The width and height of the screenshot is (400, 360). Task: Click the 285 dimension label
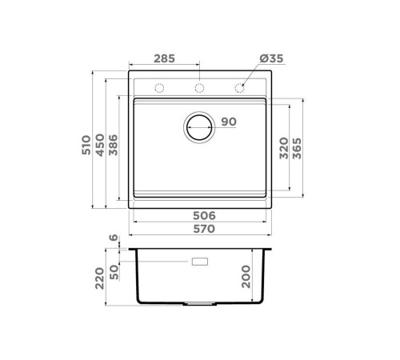click(x=164, y=59)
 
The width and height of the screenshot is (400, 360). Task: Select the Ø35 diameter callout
click(x=272, y=59)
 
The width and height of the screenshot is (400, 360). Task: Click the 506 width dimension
click(x=204, y=215)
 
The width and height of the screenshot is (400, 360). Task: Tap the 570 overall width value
click(x=204, y=230)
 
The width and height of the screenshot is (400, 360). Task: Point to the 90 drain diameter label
click(x=228, y=122)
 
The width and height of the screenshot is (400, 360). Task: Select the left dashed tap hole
click(x=158, y=87)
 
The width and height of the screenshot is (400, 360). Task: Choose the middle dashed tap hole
click(x=199, y=87)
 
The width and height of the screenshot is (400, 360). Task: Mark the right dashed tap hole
click(x=238, y=87)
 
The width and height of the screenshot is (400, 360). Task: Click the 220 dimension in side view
click(x=100, y=278)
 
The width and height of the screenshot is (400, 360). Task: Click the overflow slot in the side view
click(x=200, y=261)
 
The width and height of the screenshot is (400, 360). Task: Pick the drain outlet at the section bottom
click(x=200, y=305)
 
